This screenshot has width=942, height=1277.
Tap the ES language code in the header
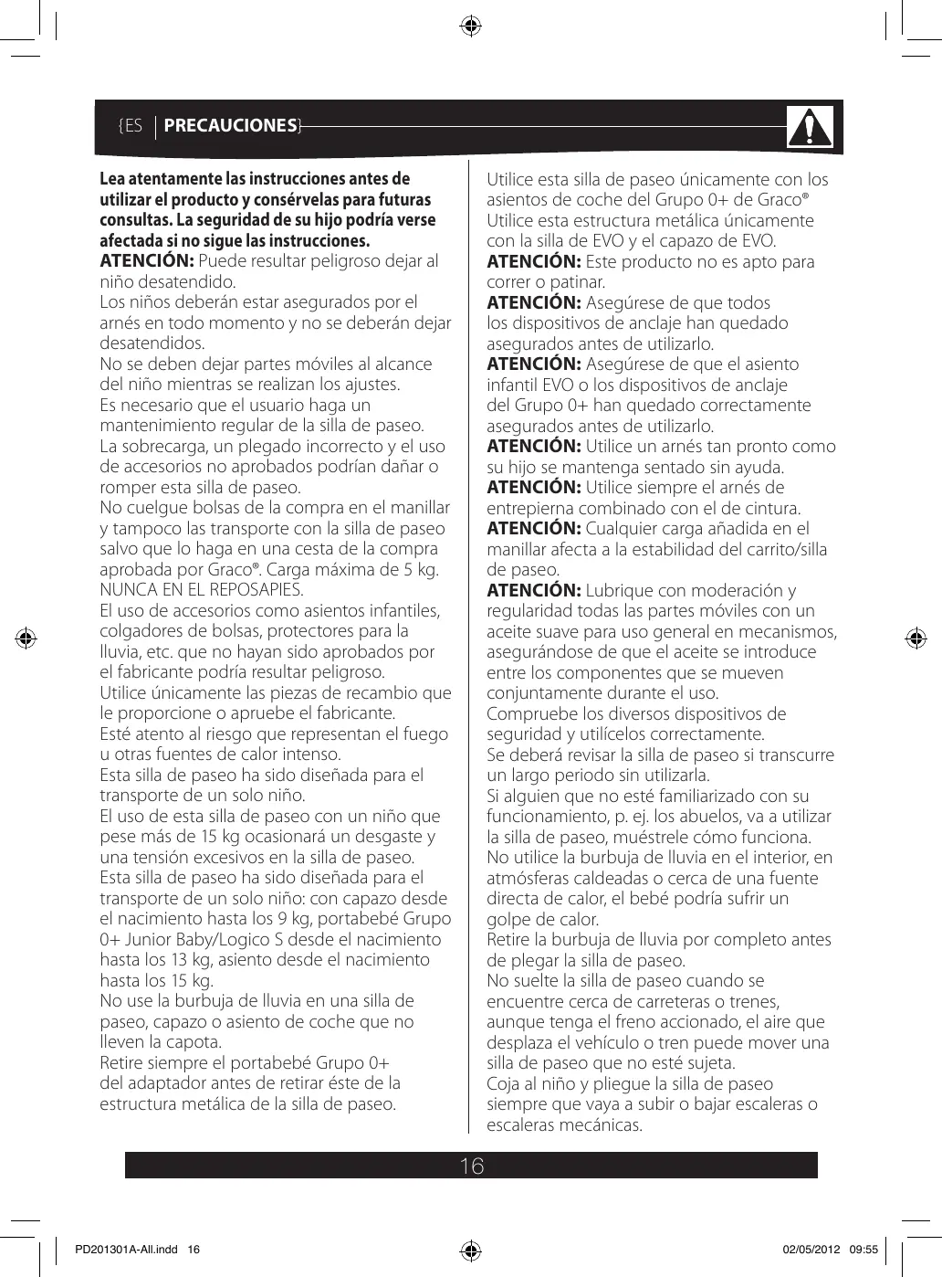tap(133, 126)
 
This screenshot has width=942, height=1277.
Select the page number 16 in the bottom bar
tap(471, 1166)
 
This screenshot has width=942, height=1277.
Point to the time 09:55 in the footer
tap(863, 1249)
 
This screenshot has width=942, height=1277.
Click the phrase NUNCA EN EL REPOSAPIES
tap(202, 589)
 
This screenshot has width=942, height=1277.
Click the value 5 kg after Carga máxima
tap(421, 569)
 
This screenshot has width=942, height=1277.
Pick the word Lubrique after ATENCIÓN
tap(624, 590)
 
